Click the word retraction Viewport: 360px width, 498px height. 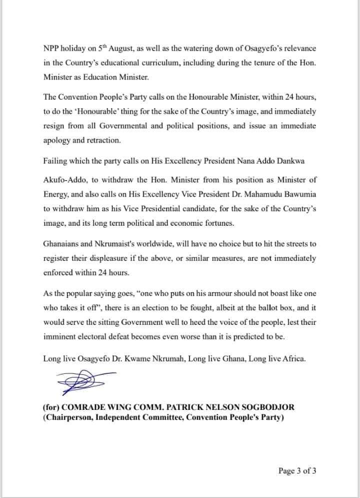[x=105, y=141]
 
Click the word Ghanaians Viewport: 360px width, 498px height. [x=62, y=243]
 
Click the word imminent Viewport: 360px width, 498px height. [x=60, y=336]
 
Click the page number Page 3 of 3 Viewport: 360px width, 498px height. [x=297, y=470]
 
